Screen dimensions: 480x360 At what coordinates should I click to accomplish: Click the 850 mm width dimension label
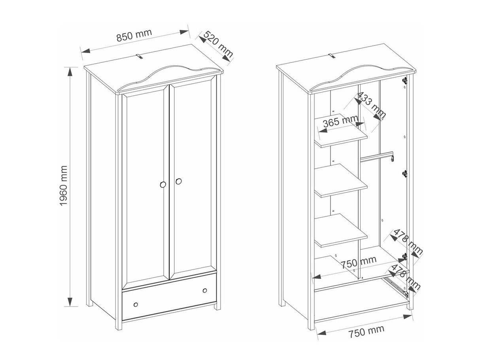click(x=134, y=35)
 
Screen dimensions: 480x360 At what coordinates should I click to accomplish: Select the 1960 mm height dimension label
click(x=63, y=186)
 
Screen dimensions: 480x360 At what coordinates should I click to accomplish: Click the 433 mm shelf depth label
click(x=371, y=104)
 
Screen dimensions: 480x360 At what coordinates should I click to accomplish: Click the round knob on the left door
click(x=163, y=185)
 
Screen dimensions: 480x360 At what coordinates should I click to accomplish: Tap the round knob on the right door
click(x=178, y=181)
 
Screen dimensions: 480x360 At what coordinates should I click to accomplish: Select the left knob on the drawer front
click(x=136, y=305)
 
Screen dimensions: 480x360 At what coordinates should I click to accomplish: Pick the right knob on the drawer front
click(x=205, y=290)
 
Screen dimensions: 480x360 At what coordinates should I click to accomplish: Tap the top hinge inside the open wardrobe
click(x=405, y=80)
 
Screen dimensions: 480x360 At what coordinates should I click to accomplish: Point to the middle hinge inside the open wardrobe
click(x=405, y=174)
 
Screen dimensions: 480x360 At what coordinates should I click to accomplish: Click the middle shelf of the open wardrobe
click(x=341, y=181)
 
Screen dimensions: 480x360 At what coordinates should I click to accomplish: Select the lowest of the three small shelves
click(x=341, y=231)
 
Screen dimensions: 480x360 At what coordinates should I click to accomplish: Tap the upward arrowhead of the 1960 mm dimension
click(x=70, y=72)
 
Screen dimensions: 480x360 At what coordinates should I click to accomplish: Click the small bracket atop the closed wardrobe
click(x=139, y=56)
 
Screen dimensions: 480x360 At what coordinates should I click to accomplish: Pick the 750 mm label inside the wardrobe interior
click(x=359, y=263)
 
